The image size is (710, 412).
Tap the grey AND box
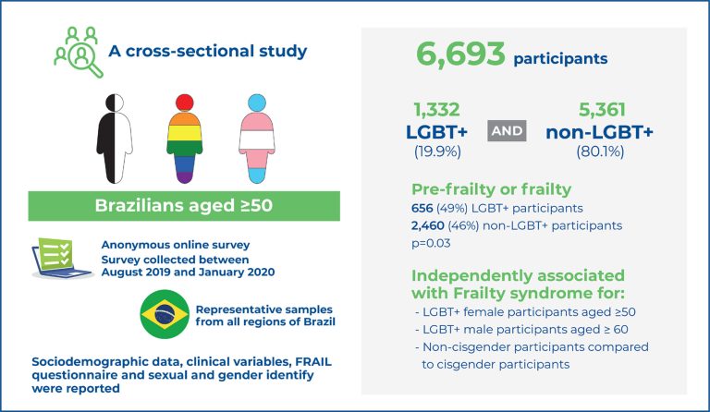pyautogui.click(x=506, y=131)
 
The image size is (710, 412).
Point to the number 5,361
pyautogui.click(x=600, y=109)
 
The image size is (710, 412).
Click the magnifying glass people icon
pyautogui.click(x=75, y=48)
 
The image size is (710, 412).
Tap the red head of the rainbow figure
pyautogui.click(x=184, y=102)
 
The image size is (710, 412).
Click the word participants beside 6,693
pyautogui.click(x=561, y=58)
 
